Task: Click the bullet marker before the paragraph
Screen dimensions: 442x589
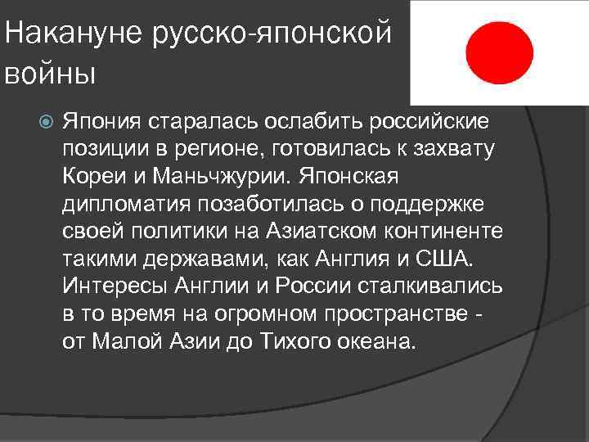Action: pyautogui.click(x=46, y=122)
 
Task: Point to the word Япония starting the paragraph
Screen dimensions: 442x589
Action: pyautogui.click(x=102, y=122)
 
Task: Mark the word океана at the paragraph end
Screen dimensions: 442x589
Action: pyautogui.click(x=375, y=341)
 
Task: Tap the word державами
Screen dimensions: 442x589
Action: pyautogui.click(x=183, y=259)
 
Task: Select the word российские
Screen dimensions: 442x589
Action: pyautogui.click(x=431, y=122)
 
